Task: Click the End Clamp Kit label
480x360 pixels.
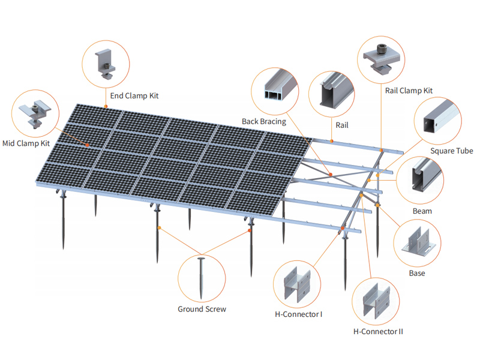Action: tap(134, 96)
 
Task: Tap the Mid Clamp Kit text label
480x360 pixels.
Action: tap(26, 143)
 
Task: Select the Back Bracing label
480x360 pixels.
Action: tap(264, 122)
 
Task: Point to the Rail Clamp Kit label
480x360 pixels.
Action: tap(409, 91)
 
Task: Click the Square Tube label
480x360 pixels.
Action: tap(452, 151)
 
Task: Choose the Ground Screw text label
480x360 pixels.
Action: tap(202, 309)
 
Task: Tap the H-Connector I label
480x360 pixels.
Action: tap(298, 314)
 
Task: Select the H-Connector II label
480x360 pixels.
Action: tap(378, 332)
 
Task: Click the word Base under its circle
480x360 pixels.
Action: tap(417, 274)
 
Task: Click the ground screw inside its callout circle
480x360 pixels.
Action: tap(201, 278)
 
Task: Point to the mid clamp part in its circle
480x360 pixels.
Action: tap(35, 114)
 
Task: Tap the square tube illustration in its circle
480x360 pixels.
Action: tap(441, 118)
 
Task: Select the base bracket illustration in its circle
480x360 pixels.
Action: tap(418, 242)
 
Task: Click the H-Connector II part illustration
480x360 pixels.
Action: tap(376, 302)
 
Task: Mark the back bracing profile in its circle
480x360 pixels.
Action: tap(280, 86)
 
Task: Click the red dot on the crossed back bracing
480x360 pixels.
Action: tap(331, 175)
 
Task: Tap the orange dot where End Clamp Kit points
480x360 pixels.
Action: tap(106, 107)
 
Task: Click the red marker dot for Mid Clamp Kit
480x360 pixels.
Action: tap(87, 145)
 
